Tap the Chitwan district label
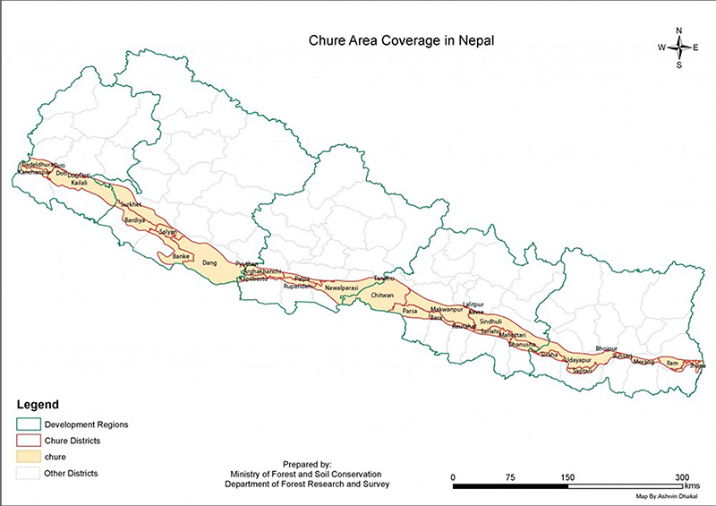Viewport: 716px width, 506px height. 382,295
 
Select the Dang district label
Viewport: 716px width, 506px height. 210,263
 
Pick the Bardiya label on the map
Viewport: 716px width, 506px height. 134,219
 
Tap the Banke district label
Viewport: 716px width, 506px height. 181,256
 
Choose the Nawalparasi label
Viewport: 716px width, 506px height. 341,287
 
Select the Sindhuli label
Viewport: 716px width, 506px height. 490,320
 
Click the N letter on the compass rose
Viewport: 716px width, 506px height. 679,30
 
